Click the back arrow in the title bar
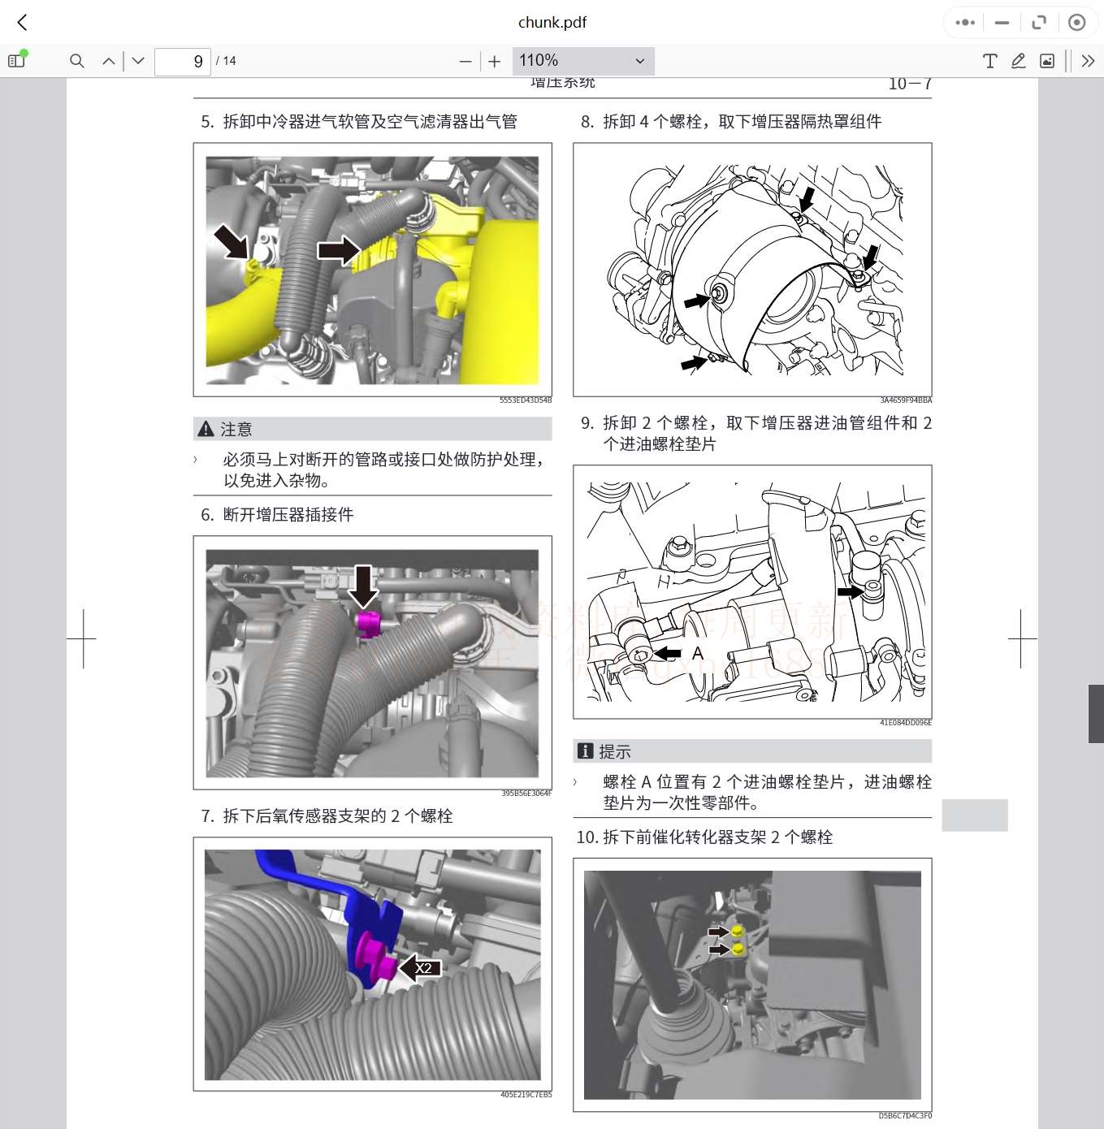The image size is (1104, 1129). [23, 23]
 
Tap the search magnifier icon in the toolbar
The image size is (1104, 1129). [77, 61]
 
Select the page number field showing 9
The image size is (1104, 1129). [183, 61]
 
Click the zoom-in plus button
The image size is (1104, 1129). [495, 62]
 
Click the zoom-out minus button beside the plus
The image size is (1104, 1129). [465, 62]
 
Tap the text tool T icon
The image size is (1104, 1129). [989, 61]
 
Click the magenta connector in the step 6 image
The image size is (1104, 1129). [368, 622]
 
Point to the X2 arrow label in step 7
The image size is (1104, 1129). [422, 967]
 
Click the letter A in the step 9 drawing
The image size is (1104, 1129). [697, 653]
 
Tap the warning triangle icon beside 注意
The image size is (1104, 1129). [206, 429]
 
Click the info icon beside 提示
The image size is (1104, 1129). [585, 751]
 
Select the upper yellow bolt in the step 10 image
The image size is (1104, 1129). [738, 931]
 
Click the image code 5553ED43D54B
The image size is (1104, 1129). [525, 400]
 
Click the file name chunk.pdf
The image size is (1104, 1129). [552, 23]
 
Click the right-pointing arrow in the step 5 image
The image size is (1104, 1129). [338, 250]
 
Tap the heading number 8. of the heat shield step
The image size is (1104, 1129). [587, 122]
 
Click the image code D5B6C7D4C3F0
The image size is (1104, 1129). [904, 1116]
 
